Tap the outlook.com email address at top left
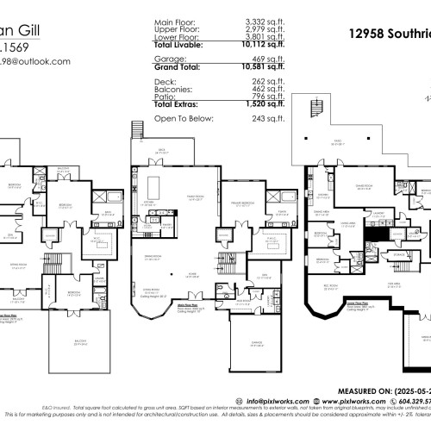[34, 61]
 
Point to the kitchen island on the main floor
[157, 187]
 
